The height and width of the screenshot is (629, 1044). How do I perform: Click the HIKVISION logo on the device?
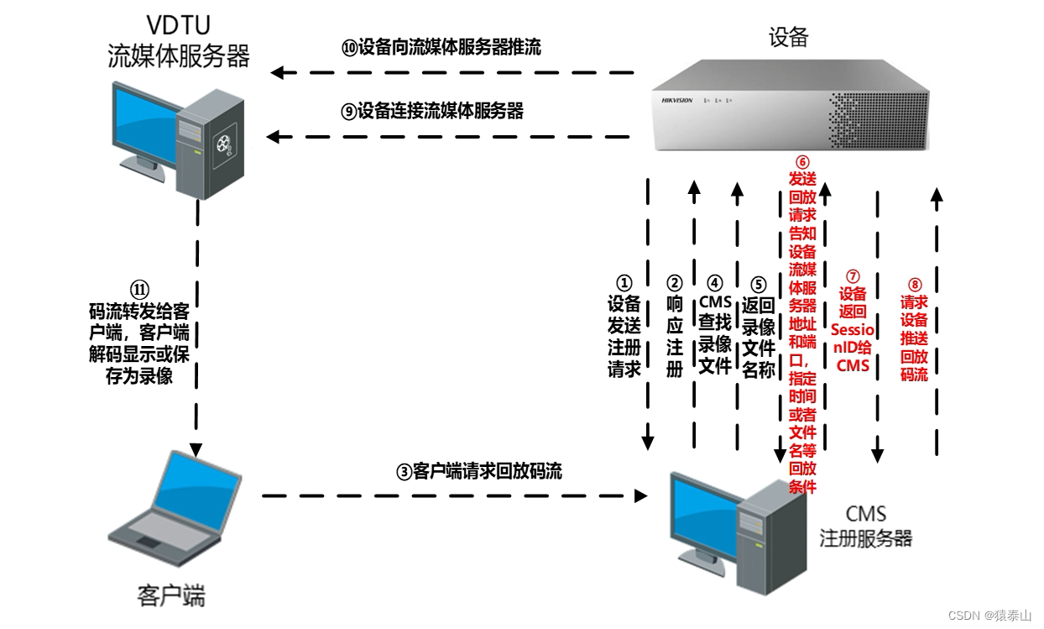677,101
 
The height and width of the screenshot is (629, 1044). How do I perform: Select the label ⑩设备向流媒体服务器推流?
441,48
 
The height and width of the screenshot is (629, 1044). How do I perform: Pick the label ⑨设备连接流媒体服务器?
433,111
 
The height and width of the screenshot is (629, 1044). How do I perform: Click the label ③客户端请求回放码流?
479,471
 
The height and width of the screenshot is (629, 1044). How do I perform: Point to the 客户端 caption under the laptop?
171,596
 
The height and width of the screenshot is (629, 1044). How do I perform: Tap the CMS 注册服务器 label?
865,527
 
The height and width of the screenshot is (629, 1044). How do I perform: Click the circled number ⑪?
141,288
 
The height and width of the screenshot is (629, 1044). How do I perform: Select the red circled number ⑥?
802,161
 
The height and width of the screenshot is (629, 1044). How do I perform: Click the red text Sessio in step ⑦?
853,330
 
